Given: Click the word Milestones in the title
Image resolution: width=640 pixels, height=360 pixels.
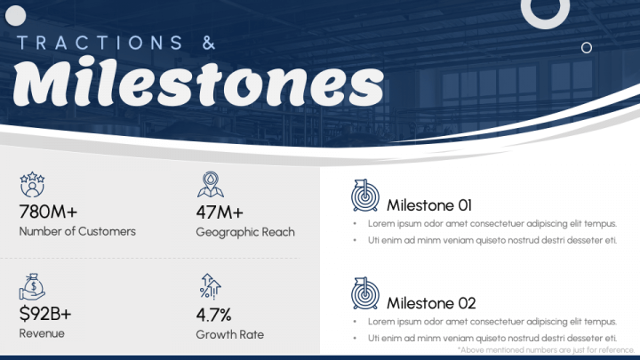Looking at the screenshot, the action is point(198,82).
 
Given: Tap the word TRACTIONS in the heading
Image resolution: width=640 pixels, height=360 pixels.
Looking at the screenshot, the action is point(100,43).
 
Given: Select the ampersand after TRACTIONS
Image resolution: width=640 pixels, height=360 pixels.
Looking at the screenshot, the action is point(209,43).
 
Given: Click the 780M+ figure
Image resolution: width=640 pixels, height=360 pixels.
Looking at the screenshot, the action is point(48,212).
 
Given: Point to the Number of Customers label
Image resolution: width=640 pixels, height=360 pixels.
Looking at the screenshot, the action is point(77,231).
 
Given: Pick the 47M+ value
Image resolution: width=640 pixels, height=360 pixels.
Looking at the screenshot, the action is point(220,212).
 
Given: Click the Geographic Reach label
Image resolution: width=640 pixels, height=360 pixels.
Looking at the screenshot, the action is point(245,232).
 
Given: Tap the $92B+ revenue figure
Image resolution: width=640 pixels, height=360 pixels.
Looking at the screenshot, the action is point(45,314).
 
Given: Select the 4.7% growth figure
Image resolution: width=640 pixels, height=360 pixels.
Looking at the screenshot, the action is point(214,315).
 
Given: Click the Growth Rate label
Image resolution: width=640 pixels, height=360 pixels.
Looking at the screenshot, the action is point(230,334).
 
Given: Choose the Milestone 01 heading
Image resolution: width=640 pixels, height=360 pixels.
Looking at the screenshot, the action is point(429,205).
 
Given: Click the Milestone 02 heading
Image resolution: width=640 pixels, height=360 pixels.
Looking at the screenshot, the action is point(431,303).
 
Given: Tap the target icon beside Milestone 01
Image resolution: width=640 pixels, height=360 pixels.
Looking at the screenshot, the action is point(365,196).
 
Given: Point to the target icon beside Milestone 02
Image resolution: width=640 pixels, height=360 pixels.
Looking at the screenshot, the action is point(365,293).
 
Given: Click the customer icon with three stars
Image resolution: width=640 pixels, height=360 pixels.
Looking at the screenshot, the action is point(32,185).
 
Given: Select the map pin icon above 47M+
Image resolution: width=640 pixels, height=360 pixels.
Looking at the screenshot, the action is point(211,185).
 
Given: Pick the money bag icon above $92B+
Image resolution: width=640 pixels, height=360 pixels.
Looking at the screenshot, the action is point(32,287).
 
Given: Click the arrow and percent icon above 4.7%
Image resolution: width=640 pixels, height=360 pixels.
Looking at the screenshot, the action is point(210,286).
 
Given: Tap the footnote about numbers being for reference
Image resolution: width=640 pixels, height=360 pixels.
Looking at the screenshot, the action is point(546,350).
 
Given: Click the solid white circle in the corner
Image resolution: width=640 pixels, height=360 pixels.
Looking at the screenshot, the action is point(15,16).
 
